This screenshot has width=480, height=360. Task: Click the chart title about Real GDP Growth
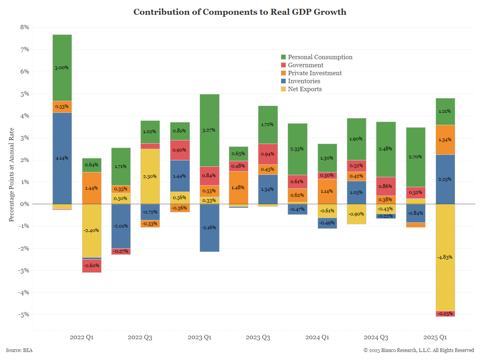coord(240,12)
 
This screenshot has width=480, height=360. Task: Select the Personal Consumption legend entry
coord(316,57)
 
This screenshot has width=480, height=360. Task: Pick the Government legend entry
coord(302,65)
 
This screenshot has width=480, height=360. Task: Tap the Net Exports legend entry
coord(301,89)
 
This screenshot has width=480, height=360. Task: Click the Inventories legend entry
coord(300,81)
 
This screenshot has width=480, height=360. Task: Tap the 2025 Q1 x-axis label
coord(435,338)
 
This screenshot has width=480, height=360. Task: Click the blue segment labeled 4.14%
coord(62,158)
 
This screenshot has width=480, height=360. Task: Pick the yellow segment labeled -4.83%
coord(445,257)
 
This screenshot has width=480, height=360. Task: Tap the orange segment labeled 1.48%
coord(239,188)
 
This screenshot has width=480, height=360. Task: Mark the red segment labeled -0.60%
coord(92,266)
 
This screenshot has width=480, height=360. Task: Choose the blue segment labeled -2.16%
coord(210,228)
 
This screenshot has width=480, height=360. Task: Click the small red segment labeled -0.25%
coord(445,314)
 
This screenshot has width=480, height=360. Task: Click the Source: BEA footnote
coord(19,350)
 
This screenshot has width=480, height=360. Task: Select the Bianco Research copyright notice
coord(418,350)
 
